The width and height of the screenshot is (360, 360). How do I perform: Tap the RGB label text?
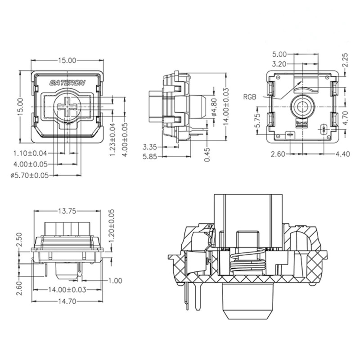coord(250,96)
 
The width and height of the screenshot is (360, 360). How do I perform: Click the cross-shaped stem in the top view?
coord(67,106)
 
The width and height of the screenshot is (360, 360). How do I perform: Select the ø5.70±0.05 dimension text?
coord(30,175)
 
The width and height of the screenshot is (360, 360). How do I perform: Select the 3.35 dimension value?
coord(150,147)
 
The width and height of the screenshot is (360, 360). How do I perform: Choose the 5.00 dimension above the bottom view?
coord(279,55)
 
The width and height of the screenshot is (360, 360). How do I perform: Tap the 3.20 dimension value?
coord(279,64)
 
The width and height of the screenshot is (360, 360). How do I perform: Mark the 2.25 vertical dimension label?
coord(345,60)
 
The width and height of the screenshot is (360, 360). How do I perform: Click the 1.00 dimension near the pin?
coord(116,280)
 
